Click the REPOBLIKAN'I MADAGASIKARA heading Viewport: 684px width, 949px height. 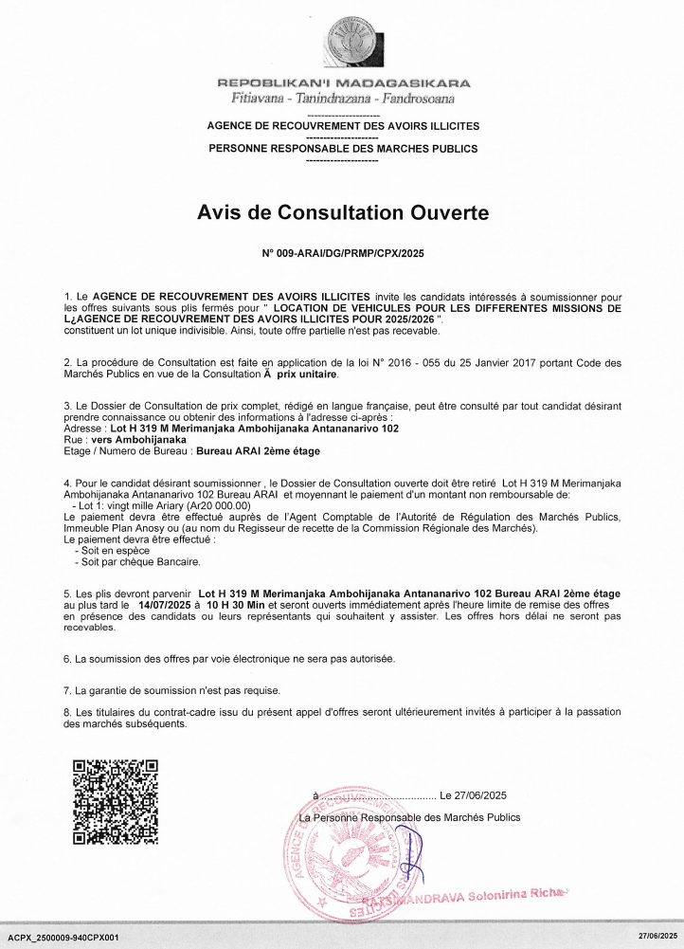coord(342,83)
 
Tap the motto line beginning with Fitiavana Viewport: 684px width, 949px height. coord(342,98)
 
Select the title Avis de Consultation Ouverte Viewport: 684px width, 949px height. coord(342,212)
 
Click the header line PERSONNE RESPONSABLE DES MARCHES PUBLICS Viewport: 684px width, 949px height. coord(342,149)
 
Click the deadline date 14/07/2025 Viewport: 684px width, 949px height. coord(170,603)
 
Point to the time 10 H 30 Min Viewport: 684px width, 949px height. coord(234,603)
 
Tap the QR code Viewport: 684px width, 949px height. coord(115,800)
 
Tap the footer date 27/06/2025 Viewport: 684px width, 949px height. coord(657,937)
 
